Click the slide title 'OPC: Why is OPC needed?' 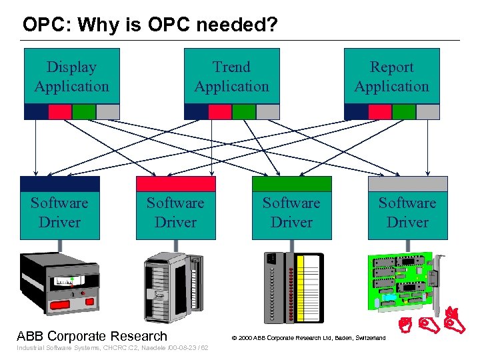[x=150, y=25]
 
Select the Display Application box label [x=71, y=77]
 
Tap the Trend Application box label [x=231, y=77]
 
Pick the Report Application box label [x=391, y=77]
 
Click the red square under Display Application [x=60, y=112]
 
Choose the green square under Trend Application [x=244, y=112]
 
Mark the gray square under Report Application [x=428, y=112]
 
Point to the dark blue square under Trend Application [x=196, y=112]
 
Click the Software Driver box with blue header [x=60, y=212]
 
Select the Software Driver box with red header [x=176, y=212]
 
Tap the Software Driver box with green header [x=291, y=212]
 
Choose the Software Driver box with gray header [x=407, y=212]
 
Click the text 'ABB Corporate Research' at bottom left [x=92, y=336]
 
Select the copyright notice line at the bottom [x=308, y=338]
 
